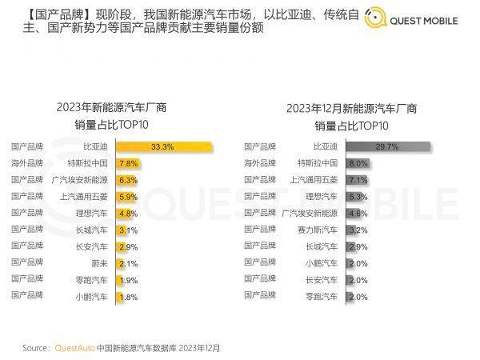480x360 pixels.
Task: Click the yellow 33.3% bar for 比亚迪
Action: (x=164, y=146)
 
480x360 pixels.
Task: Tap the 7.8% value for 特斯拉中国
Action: (x=128, y=163)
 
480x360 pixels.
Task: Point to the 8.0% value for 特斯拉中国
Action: (x=358, y=163)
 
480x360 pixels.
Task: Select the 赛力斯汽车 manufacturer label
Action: (x=318, y=230)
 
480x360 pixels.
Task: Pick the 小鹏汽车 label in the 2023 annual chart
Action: (x=93, y=296)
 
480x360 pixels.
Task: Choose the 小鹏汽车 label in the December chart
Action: (x=322, y=262)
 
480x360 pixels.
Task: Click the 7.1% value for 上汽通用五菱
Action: (x=358, y=180)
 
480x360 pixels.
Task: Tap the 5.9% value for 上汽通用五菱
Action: (x=128, y=196)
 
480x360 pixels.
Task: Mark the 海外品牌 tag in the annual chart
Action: (x=26, y=163)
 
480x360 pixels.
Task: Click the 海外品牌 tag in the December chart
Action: (x=258, y=163)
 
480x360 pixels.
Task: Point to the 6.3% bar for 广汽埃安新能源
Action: (x=126, y=180)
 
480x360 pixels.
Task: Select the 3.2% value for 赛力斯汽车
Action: (x=358, y=230)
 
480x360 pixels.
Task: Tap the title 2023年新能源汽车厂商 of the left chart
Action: (x=111, y=107)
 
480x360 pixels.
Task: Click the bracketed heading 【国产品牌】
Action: (x=48, y=14)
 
